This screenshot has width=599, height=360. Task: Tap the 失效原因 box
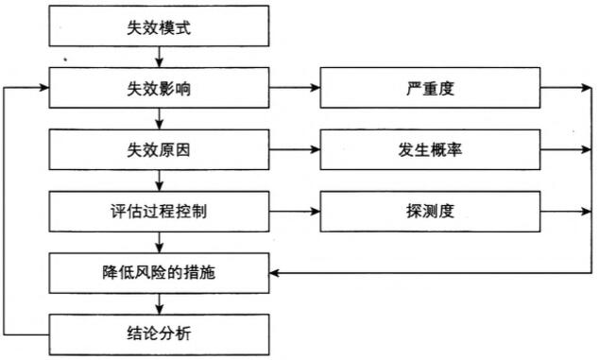[160, 149]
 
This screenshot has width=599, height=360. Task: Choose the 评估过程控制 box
[160, 211]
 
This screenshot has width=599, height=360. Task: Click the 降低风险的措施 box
[160, 272]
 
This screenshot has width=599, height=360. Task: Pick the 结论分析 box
[160, 334]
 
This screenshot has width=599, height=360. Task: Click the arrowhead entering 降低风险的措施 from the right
[280, 272]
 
